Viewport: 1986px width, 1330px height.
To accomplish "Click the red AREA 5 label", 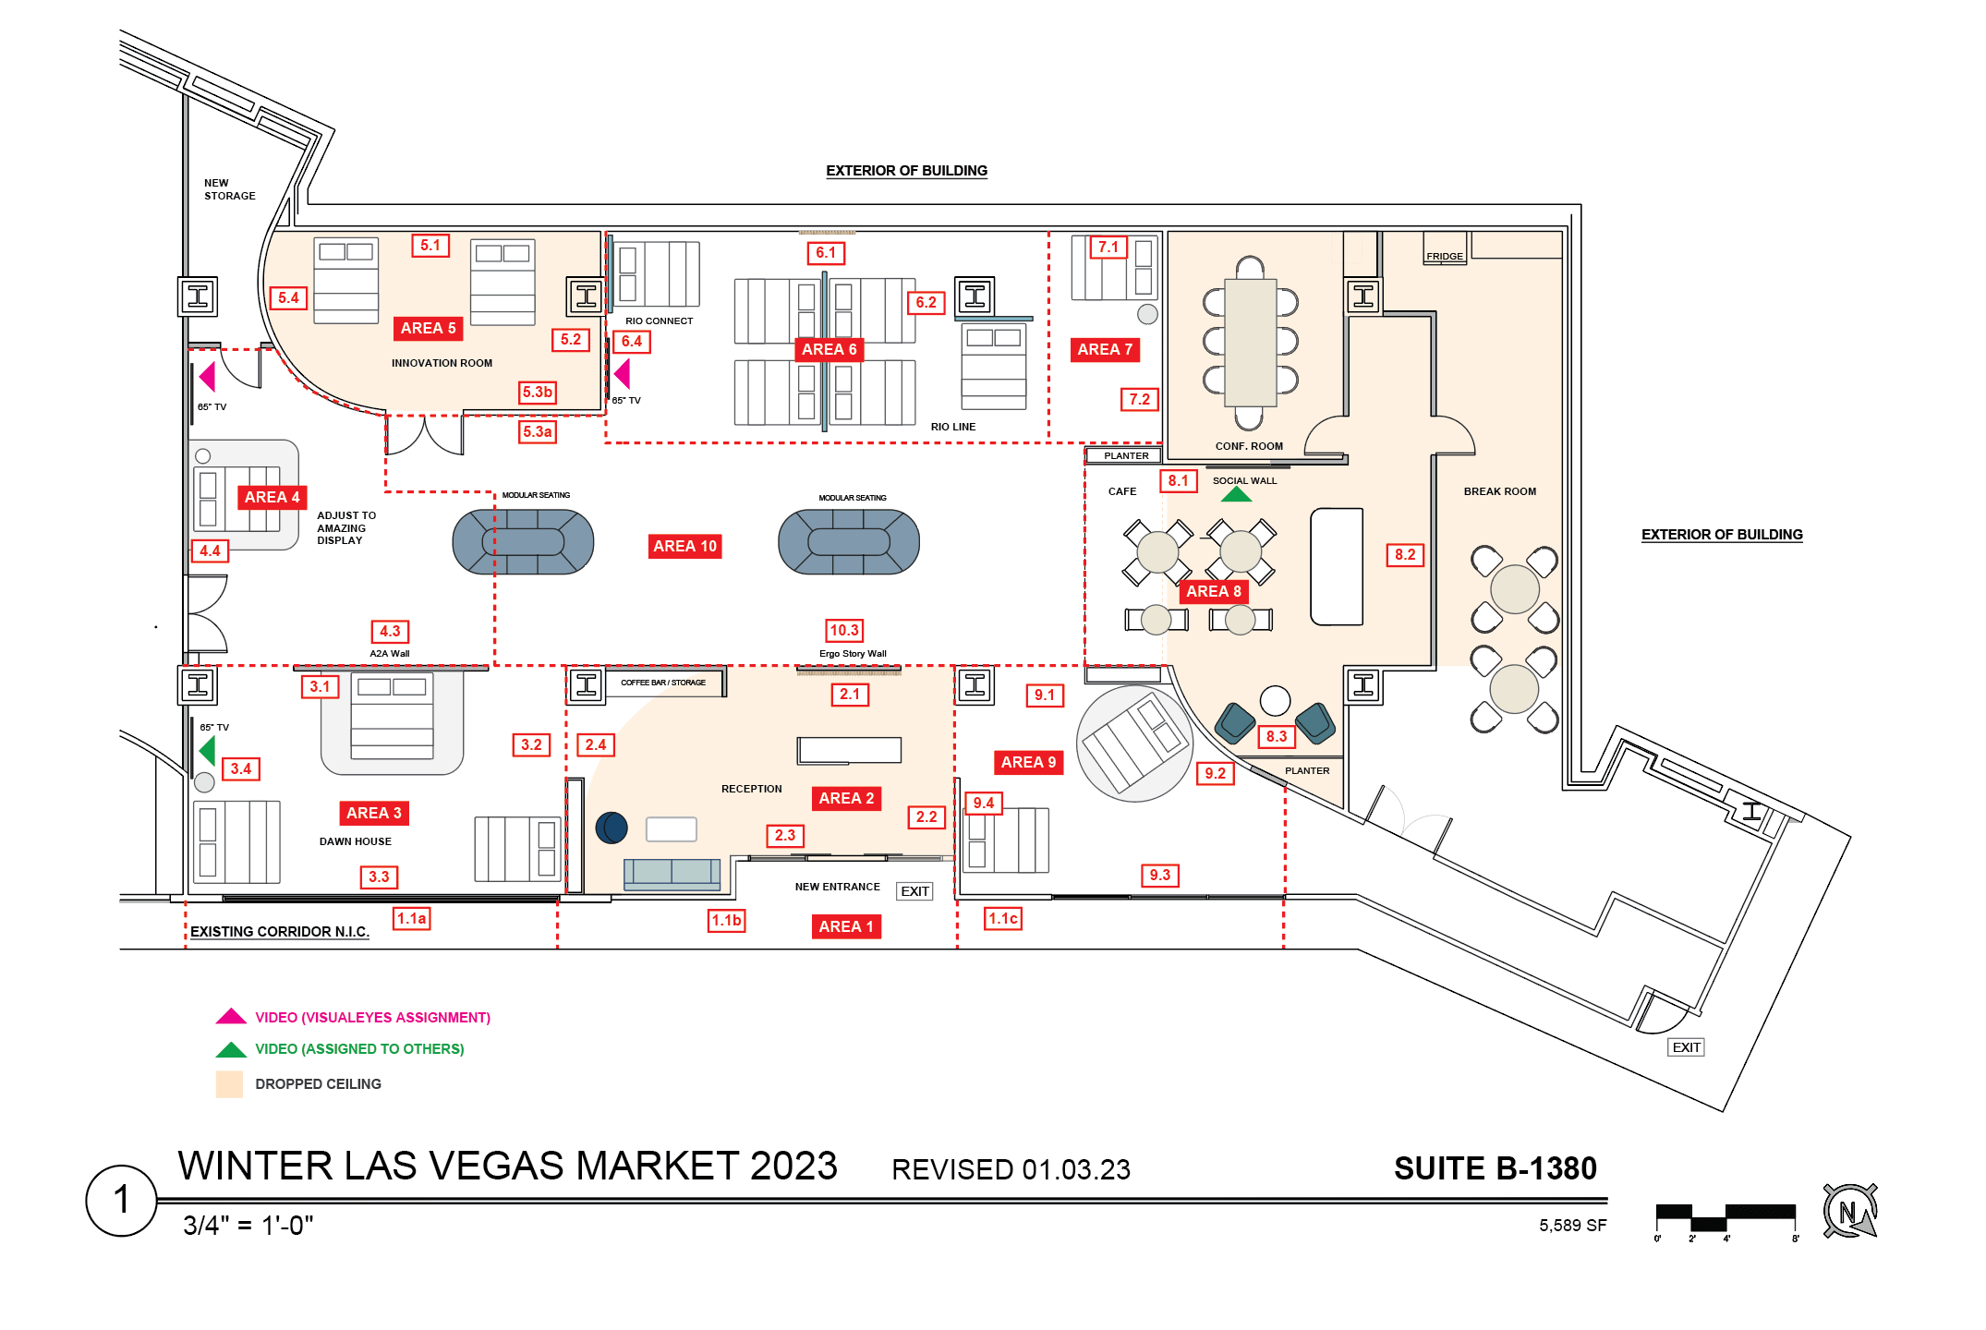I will [x=428, y=328].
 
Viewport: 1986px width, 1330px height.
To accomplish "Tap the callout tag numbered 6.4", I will [x=632, y=342].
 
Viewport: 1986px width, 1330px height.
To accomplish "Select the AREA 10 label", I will [x=684, y=546].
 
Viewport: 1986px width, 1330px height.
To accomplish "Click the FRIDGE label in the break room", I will [x=1445, y=256].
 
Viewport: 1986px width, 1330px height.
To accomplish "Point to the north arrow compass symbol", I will [x=1849, y=1211].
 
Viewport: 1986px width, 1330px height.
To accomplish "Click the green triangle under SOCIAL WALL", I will [x=1236, y=495].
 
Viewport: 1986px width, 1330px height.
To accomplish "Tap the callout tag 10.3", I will [x=844, y=631].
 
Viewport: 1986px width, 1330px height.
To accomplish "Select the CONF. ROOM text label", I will [x=1249, y=446].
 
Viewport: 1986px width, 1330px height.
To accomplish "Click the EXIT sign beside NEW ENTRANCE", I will [x=914, y=891].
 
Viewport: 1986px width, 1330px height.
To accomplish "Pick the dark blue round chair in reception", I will [x=612, y=828].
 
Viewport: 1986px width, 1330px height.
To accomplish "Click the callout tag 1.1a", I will [x=412, y=919].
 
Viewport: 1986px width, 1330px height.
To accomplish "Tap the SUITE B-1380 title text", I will [x=1495, y=1168].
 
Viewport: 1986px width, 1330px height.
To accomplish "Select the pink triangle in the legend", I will [x=231, y=1017].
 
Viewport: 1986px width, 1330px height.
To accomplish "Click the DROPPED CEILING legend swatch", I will [x=229, y=1084].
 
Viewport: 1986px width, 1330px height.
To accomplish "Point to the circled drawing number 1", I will [x=121, y=1200].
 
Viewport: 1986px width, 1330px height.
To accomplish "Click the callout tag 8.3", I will [x=1277, y=736].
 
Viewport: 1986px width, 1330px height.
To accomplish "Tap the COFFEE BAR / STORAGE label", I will [x=663, y=683].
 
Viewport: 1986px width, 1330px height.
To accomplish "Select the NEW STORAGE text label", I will [x=229, y=189].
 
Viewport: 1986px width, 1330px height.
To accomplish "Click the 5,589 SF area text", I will [x=1572, y=1226].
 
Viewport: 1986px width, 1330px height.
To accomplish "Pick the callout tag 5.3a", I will [x=538, y=432].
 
